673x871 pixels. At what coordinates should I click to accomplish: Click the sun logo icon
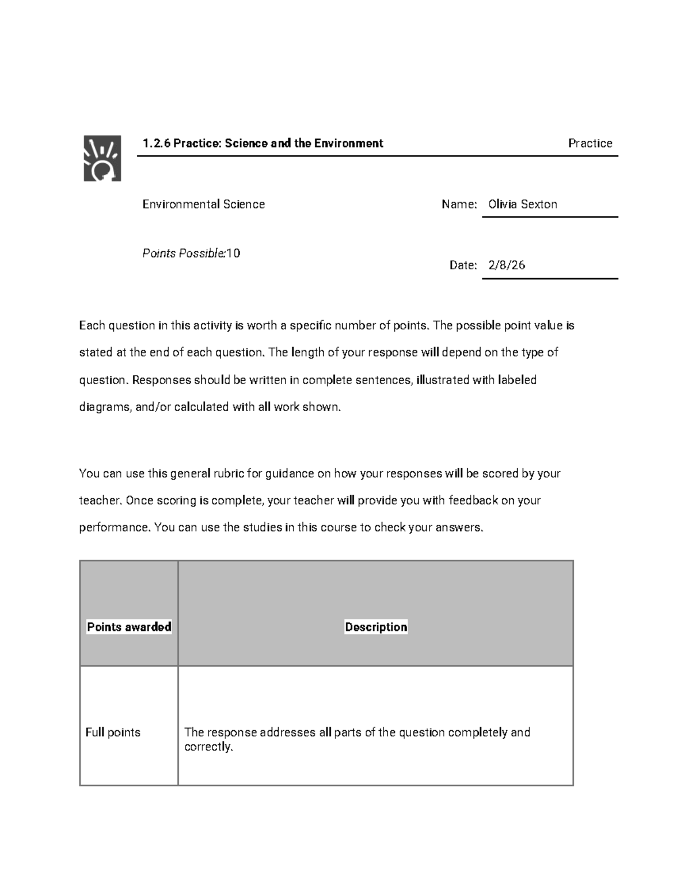pyautogui.click(x=102, y=158)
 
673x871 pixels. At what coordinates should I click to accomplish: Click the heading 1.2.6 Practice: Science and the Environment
pyautogui.click(x=262, y=144)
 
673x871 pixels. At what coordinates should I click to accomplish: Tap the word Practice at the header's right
pyautogui.click(x=590, y=144)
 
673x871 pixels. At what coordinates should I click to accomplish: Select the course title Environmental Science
pyautogui.click(x=204, y=204)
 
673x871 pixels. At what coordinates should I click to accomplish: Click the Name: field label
pyautogui.click(x=459, y=204)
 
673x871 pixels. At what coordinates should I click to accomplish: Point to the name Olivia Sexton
pyautogui.click(x=523, y=204)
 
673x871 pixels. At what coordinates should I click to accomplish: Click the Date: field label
pyautogui.click(x=463, y=265)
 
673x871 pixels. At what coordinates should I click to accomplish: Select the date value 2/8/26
pyautogui.click(x=506, y=265)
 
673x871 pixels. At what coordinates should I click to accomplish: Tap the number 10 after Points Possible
pyautogui.click(x=233, y=254)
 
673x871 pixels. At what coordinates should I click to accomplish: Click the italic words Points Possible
pyautogui.click(x=183, y=254)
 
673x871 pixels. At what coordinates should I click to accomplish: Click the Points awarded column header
pyautogui.click(x=129, y=627)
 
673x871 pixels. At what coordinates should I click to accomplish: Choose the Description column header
pyautogui.click(x=376, y=627)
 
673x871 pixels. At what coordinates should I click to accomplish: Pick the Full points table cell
pyautogui.click(x=113, y=732)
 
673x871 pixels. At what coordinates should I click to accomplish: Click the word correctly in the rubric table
pyautogui.click(x=208, y=747)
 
